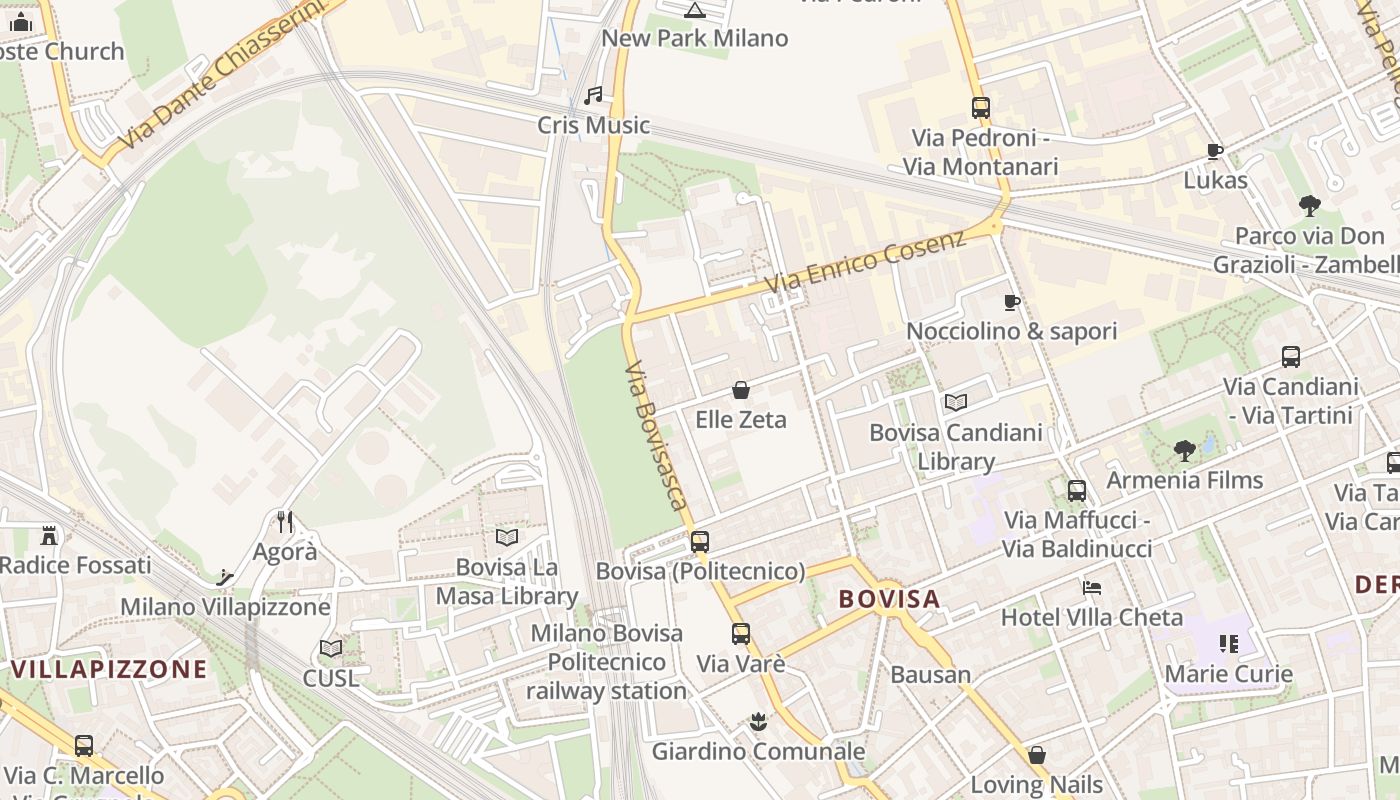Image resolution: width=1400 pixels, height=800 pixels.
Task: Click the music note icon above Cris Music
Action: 593,96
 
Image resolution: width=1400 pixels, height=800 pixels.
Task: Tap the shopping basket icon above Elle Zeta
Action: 741,389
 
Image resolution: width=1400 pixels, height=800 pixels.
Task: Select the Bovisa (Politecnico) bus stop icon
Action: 700,542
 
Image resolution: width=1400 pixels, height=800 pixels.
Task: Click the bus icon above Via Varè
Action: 740,633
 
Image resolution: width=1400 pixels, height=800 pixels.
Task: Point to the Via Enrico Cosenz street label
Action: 865,263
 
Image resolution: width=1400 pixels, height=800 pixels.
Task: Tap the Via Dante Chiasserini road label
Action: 223,78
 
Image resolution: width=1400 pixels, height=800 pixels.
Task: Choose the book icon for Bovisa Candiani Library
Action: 956,402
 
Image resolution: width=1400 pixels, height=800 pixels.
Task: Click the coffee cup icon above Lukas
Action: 1215,151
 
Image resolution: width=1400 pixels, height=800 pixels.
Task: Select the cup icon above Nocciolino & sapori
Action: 1011,302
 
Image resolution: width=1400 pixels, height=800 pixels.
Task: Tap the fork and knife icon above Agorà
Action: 285,521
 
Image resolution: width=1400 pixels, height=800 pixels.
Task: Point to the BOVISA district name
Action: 889,599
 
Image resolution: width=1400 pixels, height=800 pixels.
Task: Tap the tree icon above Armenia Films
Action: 1185,451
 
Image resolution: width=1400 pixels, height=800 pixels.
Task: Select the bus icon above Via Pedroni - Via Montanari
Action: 980,107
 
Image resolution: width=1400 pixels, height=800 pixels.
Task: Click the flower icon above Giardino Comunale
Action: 758,721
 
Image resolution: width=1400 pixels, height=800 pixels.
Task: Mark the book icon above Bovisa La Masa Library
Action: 507,537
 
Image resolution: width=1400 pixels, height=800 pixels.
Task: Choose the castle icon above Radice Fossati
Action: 49,535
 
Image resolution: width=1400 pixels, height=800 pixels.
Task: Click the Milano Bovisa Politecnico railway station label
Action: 606,662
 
